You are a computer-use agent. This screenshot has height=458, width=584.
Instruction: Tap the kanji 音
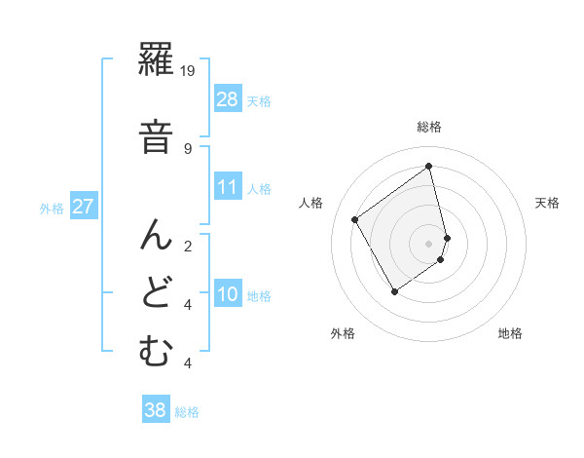[x=156, y=136]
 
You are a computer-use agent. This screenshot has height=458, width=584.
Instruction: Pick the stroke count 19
[x=189, y=70]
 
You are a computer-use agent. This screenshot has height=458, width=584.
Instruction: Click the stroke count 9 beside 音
[x=188, y=149]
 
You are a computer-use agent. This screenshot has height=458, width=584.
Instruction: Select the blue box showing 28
[x=228, y=99]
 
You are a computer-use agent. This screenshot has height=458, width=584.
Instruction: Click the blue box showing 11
[x=228, y=187]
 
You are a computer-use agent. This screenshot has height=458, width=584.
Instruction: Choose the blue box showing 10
[x=228, y=294]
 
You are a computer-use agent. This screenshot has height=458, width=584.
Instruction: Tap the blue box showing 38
[x=156, y=410]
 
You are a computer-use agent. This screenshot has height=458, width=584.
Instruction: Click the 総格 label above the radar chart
[x=429, y=127]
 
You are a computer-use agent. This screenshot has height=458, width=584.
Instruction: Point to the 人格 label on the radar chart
[x=312, y=203]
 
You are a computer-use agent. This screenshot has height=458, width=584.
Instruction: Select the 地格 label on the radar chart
[x=510, y=333]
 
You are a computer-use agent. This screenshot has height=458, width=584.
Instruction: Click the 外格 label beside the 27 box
[x=52, y=208]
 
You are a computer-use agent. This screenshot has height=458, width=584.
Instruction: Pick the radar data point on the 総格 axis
[x=429, y=166]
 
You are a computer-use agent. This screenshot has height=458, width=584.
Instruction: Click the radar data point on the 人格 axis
[x=355, y=220]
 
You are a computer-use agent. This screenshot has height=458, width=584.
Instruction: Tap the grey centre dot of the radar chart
[x=429, y=242]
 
